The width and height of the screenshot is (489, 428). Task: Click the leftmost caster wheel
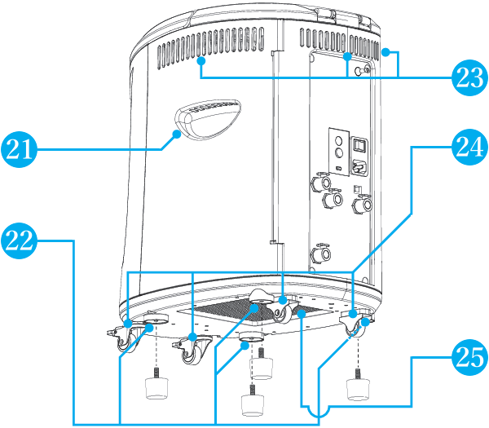124,338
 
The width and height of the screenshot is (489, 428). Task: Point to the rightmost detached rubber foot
358,387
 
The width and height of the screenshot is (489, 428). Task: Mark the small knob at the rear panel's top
365,71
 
